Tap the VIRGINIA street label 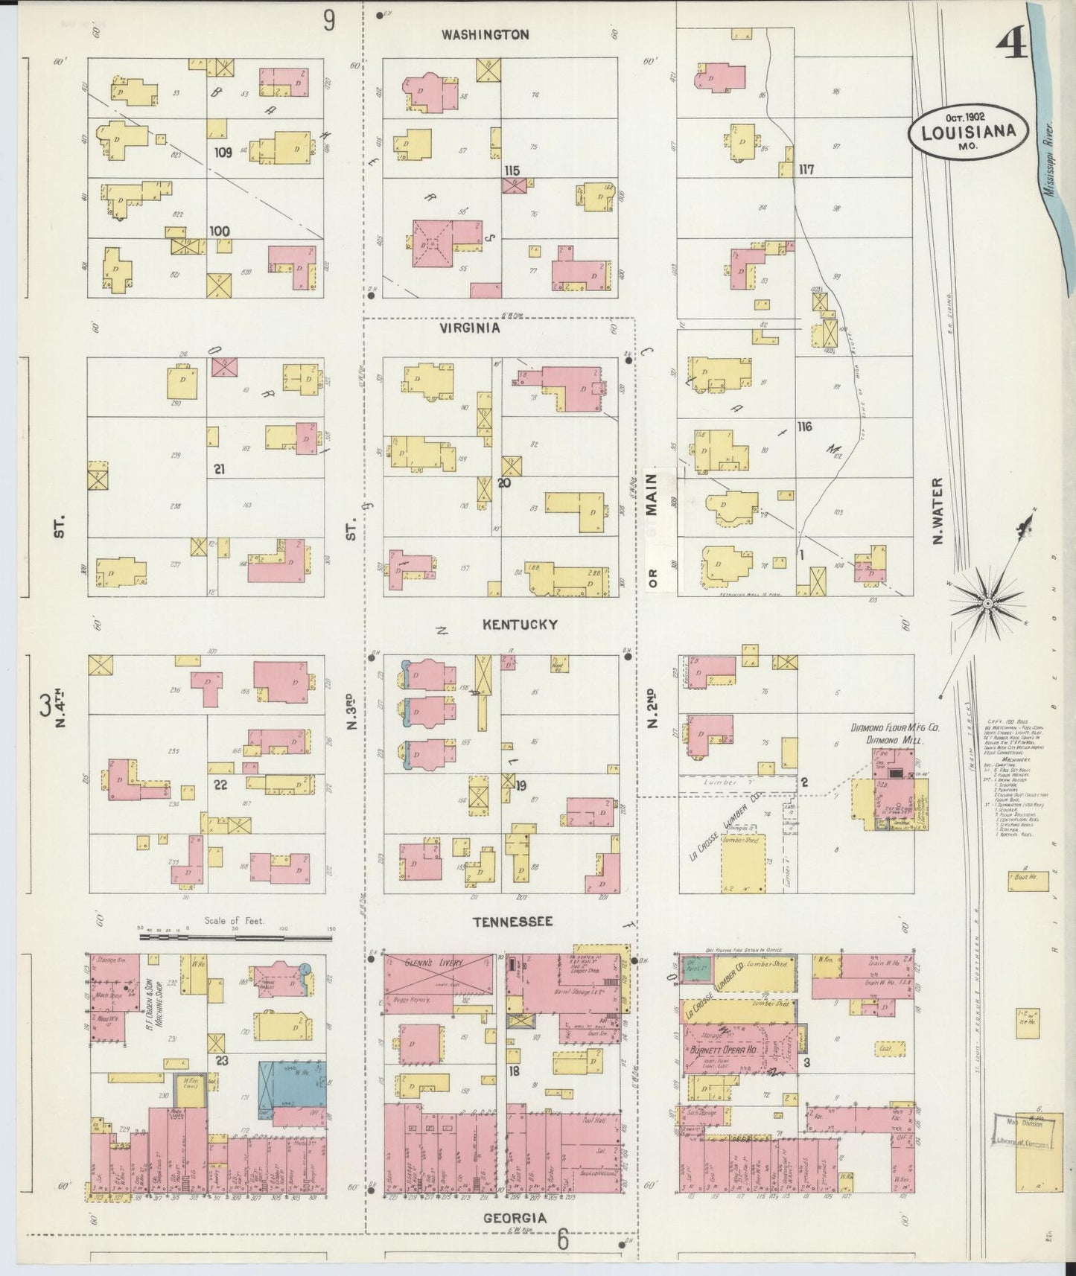(x=469, y=327)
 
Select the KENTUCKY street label (x=519, y=625)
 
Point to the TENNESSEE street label (x=512, y=921)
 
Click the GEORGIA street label (x=514, y=1218)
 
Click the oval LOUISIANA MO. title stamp (x=968, y=133)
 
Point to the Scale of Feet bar (x=237, y=937)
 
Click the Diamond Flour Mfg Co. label (x=894, y=728)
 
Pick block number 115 (x=511, y=170)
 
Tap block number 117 (x=805, y=170)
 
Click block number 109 (x=223, y=153)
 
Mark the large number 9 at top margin (x=328, y=21)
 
